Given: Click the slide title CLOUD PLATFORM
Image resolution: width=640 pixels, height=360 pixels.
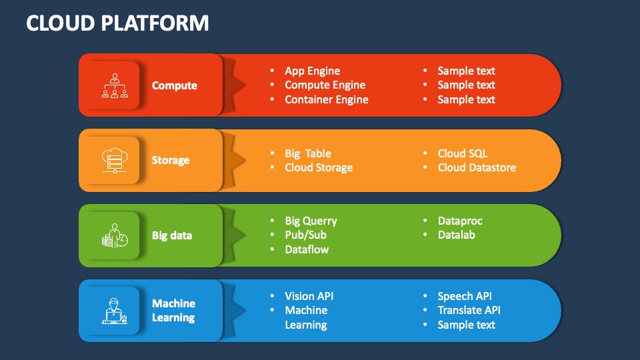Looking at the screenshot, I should pos(117,23).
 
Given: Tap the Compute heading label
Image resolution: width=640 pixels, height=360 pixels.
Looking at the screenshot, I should pos(174,85).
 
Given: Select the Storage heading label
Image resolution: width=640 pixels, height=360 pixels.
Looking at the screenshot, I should pos(171,160).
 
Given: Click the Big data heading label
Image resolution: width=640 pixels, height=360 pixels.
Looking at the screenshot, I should pos(172,235).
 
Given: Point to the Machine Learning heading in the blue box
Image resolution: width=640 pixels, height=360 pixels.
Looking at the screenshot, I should pos(173,311).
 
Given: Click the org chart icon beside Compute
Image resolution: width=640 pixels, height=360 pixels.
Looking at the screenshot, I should pos(115,85).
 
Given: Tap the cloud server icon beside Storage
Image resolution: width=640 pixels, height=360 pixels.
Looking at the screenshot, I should pos(115,160).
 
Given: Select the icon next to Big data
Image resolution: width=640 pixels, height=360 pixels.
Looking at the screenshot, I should pos(115,235).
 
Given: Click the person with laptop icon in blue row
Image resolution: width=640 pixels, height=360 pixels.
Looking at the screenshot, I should pos(115,311).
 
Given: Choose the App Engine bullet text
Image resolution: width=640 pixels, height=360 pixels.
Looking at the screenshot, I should pos(312,71).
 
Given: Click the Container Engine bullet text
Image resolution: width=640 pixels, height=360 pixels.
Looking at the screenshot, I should pos(326,99).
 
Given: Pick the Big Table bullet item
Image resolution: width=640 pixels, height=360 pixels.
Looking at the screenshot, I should pos(307,153).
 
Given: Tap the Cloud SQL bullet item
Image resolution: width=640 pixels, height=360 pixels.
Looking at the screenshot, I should pos(463,153).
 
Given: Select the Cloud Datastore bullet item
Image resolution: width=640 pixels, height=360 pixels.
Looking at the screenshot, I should pos(477,167).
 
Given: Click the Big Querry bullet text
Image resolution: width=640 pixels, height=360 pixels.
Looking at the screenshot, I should pos(311,221).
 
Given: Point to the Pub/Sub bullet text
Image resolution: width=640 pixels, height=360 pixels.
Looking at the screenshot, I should pos(305,235).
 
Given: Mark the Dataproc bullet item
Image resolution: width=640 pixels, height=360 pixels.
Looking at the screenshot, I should pos(460,221).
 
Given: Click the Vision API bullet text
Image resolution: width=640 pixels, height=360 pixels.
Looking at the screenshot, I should pos(309,296).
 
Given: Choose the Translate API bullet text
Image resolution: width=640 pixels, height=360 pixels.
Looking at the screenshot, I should pos(469,310).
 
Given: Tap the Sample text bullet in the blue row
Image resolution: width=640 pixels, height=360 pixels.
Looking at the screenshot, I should pos(466,325).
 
